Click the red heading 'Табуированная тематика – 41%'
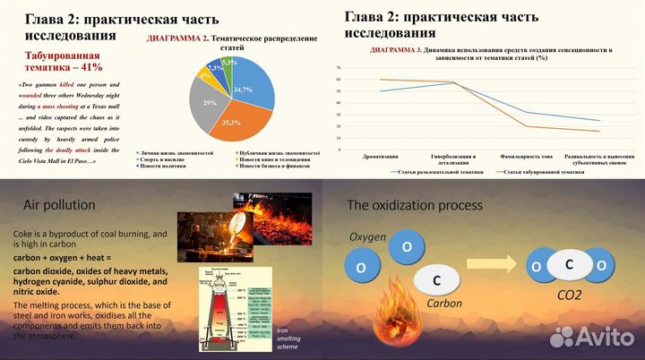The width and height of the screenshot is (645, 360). pyautogui.click(x=64, y=61)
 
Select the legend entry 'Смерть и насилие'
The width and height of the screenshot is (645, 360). pyautogui.click(x=169, y=159)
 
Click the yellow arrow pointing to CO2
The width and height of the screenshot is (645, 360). pyautogui.click(x=500, y=265)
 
